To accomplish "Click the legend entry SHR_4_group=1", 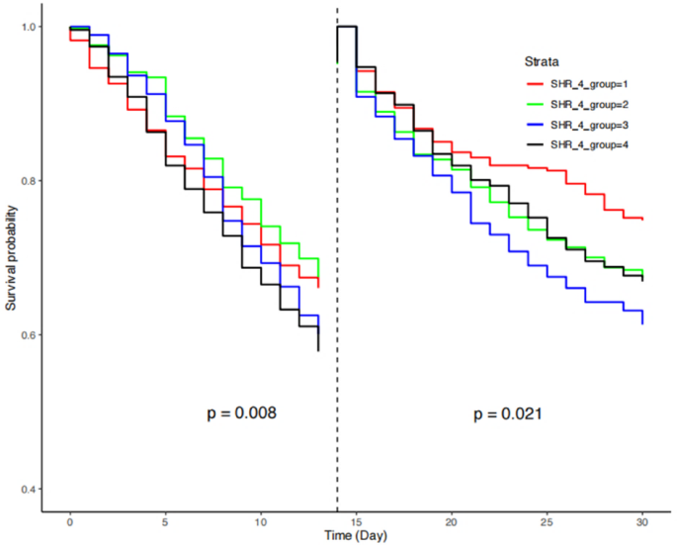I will pos(592,86).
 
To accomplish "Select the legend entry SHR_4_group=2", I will pos(592,106).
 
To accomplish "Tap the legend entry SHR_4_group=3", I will pos(592,126).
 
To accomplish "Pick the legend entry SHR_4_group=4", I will pos(592,145).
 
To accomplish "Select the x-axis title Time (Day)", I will pos(356,534).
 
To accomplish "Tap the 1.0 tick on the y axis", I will pos(29,27).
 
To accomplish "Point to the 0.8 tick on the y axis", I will pos(29,181).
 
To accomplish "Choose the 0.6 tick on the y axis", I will pos(29,335).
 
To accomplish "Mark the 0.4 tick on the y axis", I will pos(29,490).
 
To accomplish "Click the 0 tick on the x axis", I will pos(70,520).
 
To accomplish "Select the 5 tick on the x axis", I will pos(166,520).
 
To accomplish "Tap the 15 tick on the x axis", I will pos(357,520).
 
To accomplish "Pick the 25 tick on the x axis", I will pos(548,520).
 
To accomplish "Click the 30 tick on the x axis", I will pos(642,520).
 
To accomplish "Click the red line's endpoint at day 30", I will pos(642,219).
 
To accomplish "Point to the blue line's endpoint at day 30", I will pos(642,323).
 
